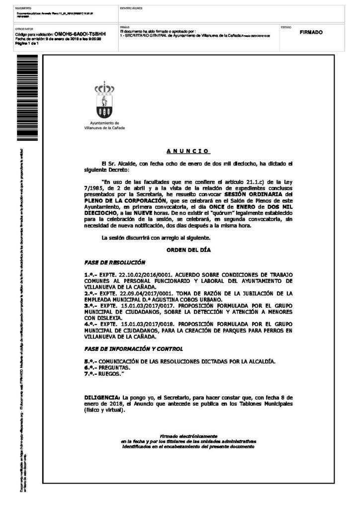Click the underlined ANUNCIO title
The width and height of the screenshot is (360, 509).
187,151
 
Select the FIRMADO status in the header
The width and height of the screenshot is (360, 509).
311,32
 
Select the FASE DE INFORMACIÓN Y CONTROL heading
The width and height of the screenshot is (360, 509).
133,348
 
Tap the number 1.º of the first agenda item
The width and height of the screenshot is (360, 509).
89,275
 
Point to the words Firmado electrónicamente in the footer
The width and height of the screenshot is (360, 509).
188,435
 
